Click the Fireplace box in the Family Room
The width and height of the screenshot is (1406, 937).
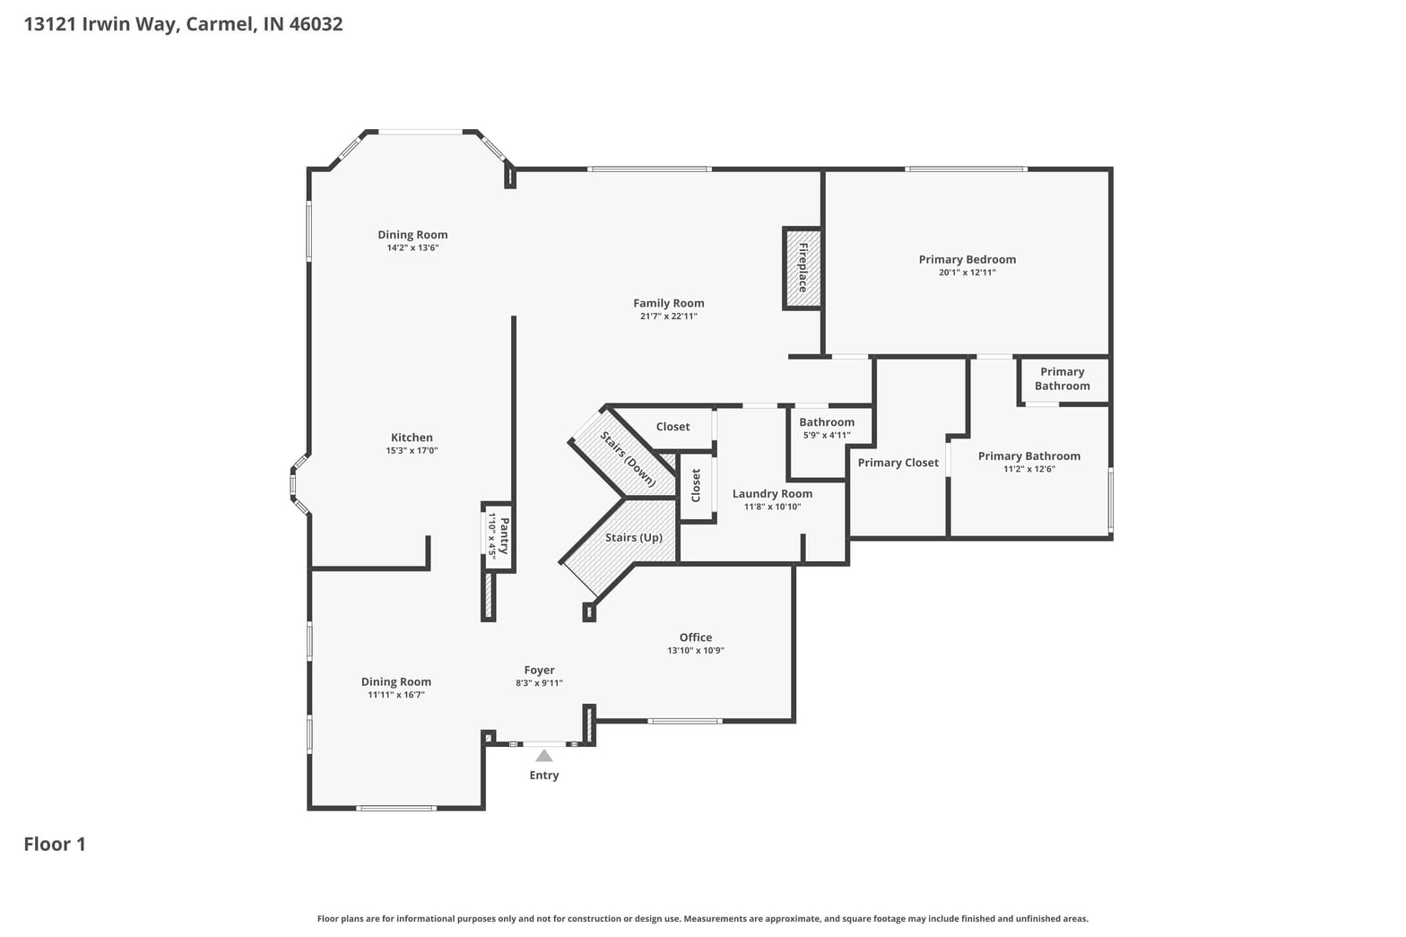(803, 268)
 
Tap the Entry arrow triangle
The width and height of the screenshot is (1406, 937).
(543, 756)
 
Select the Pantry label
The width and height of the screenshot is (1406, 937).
(504, 535)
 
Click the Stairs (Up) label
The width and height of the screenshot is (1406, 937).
(634, 538)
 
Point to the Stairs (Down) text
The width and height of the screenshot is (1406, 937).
(628, 459)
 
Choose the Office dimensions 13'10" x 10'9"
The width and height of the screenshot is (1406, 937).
(696, 650)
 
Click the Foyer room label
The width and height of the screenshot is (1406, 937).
(539, 670)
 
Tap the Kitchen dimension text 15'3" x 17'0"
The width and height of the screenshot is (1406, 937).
(412, 451)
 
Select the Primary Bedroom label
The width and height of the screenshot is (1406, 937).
(968, 259)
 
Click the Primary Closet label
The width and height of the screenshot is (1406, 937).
(898, 463)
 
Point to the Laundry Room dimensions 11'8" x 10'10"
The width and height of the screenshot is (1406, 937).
(772, 508)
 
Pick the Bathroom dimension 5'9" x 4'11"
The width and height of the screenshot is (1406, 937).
(827, 435)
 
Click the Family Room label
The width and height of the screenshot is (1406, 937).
(669, 303)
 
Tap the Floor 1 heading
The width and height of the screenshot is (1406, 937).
(55, 844)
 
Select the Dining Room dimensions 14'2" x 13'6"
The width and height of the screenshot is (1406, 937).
(412, 247)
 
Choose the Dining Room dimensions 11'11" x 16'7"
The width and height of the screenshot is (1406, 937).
(396, 695)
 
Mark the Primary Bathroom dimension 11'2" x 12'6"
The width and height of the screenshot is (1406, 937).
(1029, 469)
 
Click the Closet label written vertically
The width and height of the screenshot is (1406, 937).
(696, 486)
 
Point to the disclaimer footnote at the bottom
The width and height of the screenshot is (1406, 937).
(702, 919)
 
